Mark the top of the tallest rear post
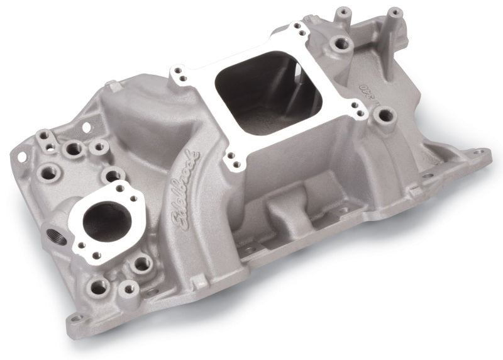point(394,12)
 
